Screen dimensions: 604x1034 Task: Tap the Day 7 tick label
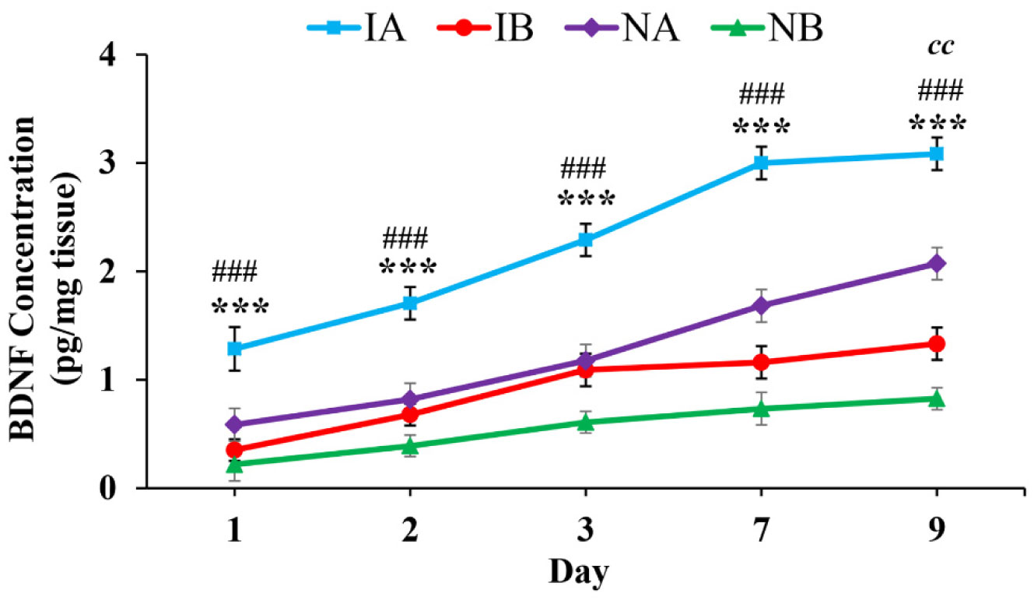click(760, 532)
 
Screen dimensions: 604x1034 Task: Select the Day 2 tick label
click(409, 532)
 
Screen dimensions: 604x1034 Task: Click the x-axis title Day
click(579, 574)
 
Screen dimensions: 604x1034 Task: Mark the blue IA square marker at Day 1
click(234, 348)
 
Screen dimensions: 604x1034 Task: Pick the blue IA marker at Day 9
click(936, 154)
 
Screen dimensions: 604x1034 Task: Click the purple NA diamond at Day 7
click(760, 306)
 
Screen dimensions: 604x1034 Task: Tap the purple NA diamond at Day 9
click(936, 264)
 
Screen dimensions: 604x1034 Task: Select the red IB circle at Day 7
click(760, 363)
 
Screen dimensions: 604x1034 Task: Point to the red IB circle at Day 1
click(234, 450)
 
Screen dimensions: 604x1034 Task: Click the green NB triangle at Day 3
click(585, 422)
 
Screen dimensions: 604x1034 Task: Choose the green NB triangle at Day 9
click(936, 399)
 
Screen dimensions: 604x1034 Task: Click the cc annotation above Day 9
click(941, 47)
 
